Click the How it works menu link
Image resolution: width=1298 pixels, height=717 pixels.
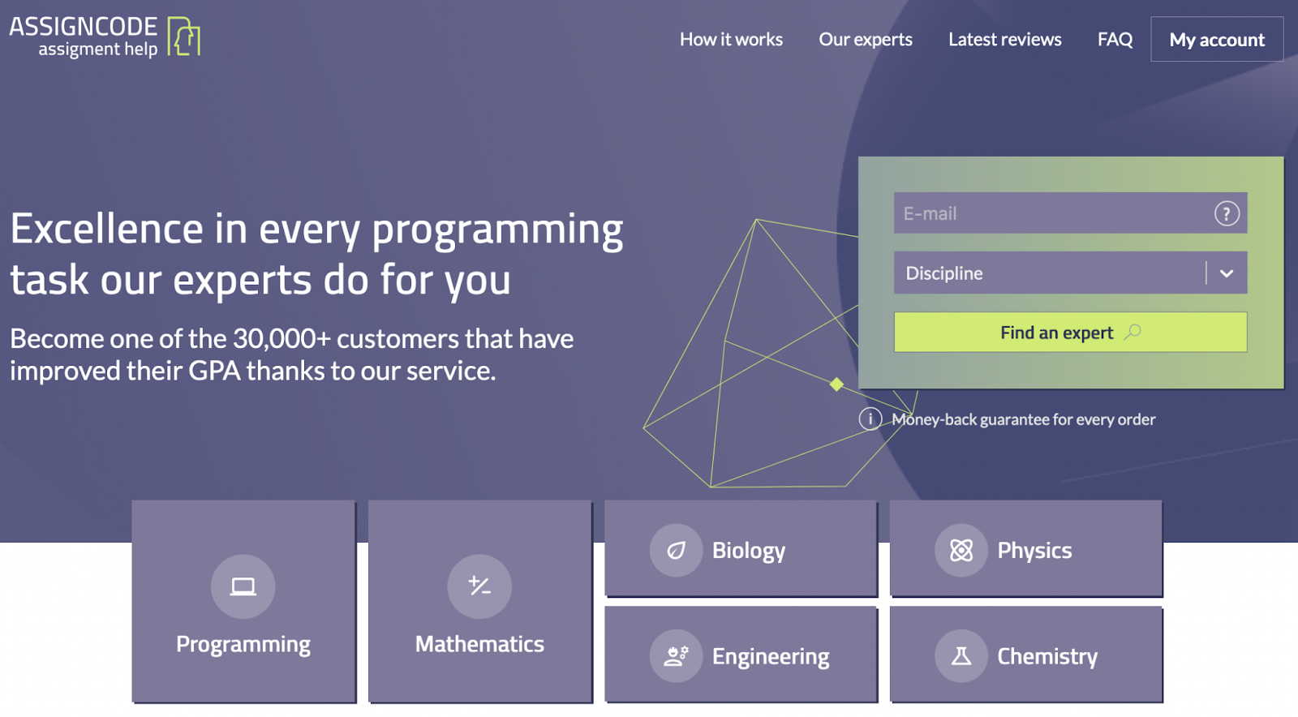tap(731, 40)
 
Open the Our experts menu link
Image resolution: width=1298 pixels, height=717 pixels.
tap(865, 40)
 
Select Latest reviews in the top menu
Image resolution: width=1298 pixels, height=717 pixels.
tap(1004, 40)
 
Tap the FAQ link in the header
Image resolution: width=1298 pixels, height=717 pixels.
tap(1115, 40)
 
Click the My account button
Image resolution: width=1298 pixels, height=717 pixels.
tap(1216, 40)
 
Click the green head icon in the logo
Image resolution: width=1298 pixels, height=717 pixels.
tap(184, 37)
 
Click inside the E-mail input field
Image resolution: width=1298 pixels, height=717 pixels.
tap(1047, 213)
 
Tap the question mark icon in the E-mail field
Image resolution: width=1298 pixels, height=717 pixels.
tap(1226, 213)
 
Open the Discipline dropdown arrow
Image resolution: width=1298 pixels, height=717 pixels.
tap(1226, 273)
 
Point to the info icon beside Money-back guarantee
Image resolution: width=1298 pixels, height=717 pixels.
tap(870, 419)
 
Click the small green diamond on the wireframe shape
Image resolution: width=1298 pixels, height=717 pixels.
tap(836, 384)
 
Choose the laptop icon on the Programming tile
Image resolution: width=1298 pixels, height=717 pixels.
tap(243, 586)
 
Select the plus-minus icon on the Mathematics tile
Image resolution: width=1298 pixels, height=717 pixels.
tap(479, 586)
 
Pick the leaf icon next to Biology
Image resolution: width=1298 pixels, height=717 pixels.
tap(676, 551)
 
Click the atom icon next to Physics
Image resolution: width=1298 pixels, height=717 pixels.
tap(961, 551)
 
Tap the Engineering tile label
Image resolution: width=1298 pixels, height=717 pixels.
tap(770, 656)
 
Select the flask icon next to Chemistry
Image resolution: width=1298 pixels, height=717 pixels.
tap(961, 656)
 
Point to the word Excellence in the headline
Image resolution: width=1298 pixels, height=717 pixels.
tap(105, 230)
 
